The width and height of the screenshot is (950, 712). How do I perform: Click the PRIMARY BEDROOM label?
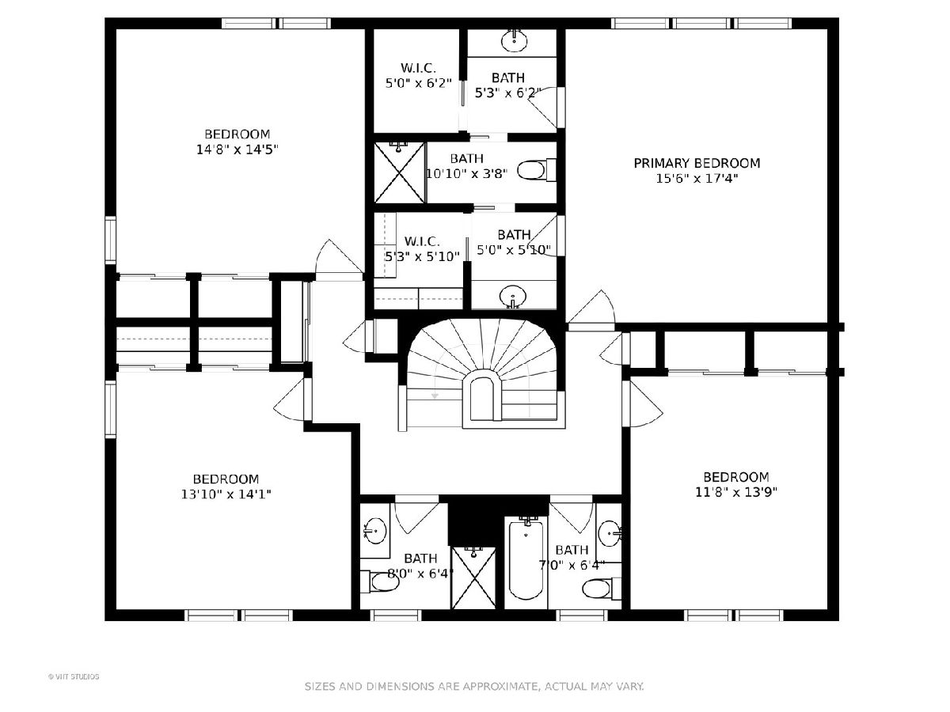click(x=697, y=164)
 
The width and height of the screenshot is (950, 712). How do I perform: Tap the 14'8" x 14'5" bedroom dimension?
click(x=237, y=150)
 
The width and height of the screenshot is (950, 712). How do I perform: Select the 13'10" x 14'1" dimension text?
click(x=226, y=494)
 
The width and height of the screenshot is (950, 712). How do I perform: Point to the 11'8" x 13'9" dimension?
click(x=736, y=492)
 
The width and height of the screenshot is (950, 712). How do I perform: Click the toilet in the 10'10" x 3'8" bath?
click(x=536, y=170)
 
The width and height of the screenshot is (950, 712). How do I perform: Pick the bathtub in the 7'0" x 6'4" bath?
click(x=526, y=559)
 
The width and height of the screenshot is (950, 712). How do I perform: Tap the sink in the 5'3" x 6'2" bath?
click(x=514, y=40)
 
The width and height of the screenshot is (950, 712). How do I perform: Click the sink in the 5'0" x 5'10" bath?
click(x=513, y=297)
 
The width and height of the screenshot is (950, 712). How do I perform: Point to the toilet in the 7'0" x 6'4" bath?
click(x=601, y=589)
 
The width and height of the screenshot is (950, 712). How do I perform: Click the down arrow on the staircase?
click(x=435, y=396)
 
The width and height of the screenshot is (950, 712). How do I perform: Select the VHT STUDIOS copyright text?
click(x=74, y=676)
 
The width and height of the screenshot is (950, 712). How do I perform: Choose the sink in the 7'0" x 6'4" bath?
click(x=610, y=533)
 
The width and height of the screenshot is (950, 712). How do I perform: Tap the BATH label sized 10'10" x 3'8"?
click(x=466, y=159)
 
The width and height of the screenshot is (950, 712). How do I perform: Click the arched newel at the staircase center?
click(x=481, y=394)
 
